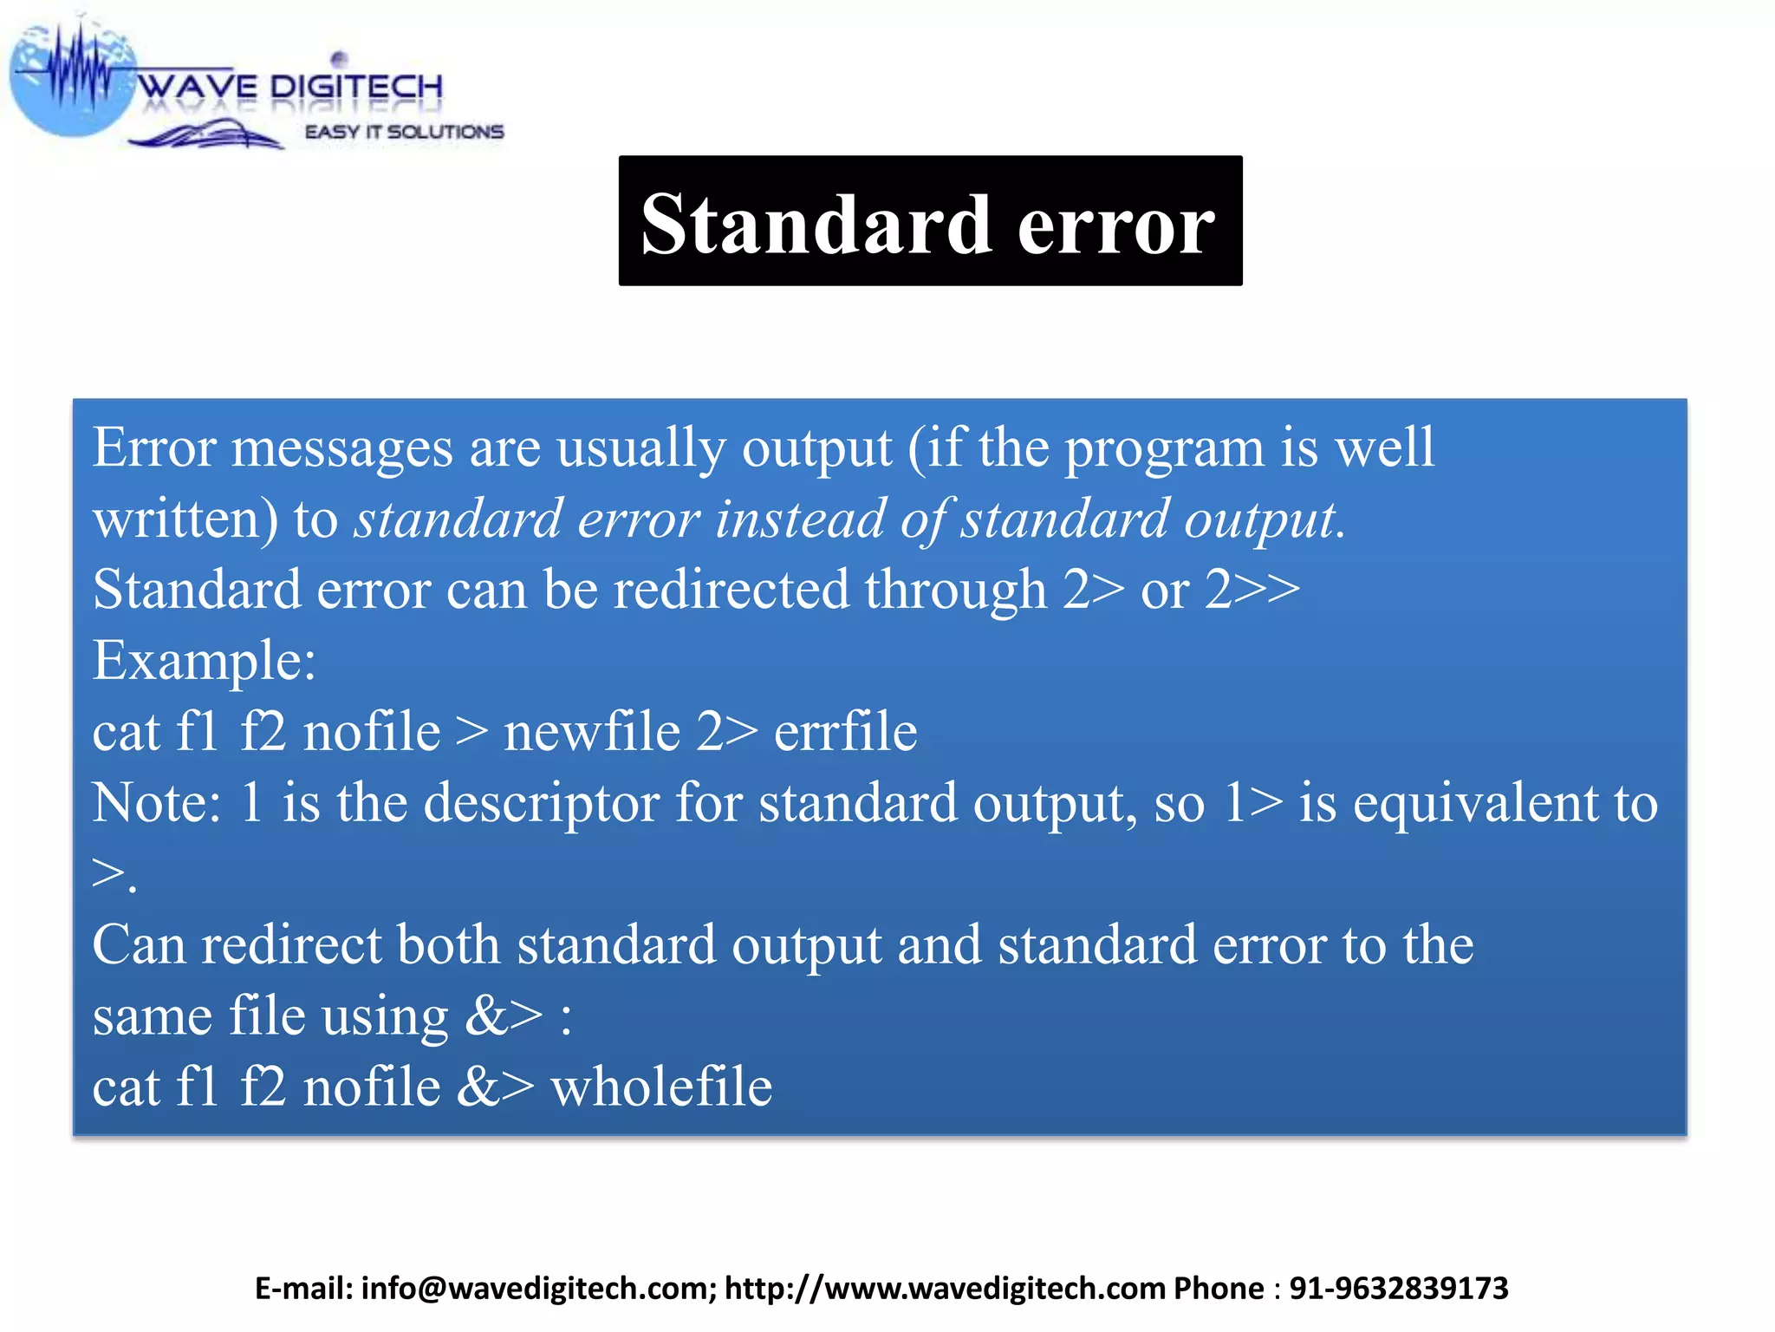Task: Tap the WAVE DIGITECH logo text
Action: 291,87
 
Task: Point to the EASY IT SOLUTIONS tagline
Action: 404,132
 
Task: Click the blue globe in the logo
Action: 69,82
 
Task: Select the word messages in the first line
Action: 341,449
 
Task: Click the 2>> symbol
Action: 1252,591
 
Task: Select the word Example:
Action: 205,662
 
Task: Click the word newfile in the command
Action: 591,732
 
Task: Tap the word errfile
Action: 845,732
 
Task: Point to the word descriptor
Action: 542,804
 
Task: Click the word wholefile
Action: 661,1087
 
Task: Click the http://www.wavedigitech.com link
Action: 945,1289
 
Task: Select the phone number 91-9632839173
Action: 1398,1289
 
